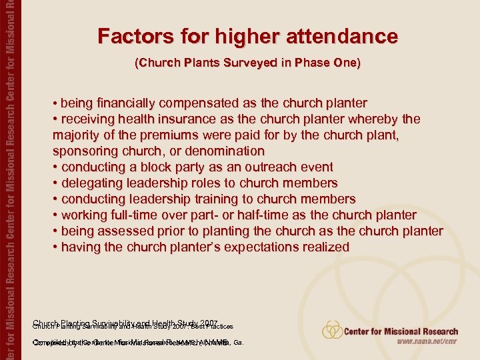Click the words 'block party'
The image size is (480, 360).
[175, 167]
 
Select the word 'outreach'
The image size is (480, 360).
[267, 167]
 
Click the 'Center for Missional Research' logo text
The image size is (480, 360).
[403, 331]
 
